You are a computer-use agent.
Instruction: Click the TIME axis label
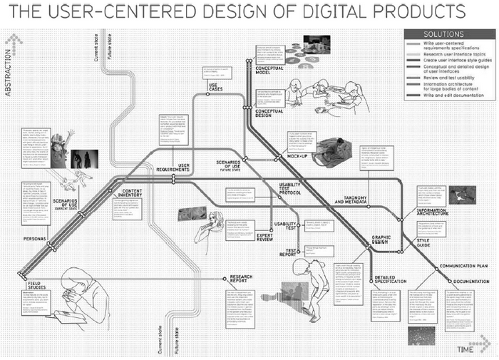[x=466, y=348]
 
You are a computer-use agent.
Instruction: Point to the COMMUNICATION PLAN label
[x=463, y=265]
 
